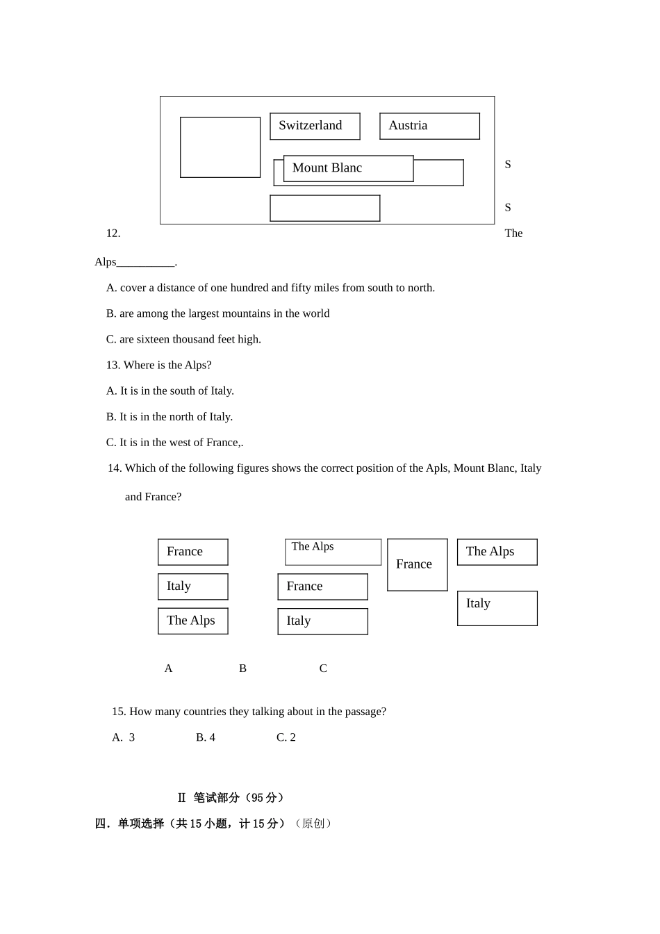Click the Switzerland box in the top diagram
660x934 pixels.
(x=315, y=126)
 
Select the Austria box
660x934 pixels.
(x=429, y=126)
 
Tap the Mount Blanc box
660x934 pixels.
(x=348, y=168)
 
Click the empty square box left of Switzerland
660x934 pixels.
(x=220, y=147)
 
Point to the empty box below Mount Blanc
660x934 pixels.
(x=324, y=208)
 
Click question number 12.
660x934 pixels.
(x=113, y=233)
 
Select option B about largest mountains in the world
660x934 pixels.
(x=218, y=313)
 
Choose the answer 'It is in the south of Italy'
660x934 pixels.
(x=170, y=391)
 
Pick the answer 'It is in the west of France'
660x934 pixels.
(x=174, y=442)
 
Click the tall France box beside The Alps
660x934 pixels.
(x=417, y=565)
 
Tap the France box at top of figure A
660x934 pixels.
(x=192, y=552)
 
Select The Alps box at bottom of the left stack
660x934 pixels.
(x=192, y=621)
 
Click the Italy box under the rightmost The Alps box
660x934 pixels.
(x=497, y=608)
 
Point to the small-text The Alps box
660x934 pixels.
(x=333, y=552)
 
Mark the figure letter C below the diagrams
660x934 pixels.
(x=323, y=669)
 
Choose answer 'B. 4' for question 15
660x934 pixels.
(x=206, y=737)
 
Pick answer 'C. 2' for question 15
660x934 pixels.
(x=286, y=737)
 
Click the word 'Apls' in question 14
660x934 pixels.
(x=437, y=468)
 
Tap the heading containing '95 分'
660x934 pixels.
(x=231, y=798)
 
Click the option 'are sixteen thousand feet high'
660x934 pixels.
(x=184, y=339)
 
